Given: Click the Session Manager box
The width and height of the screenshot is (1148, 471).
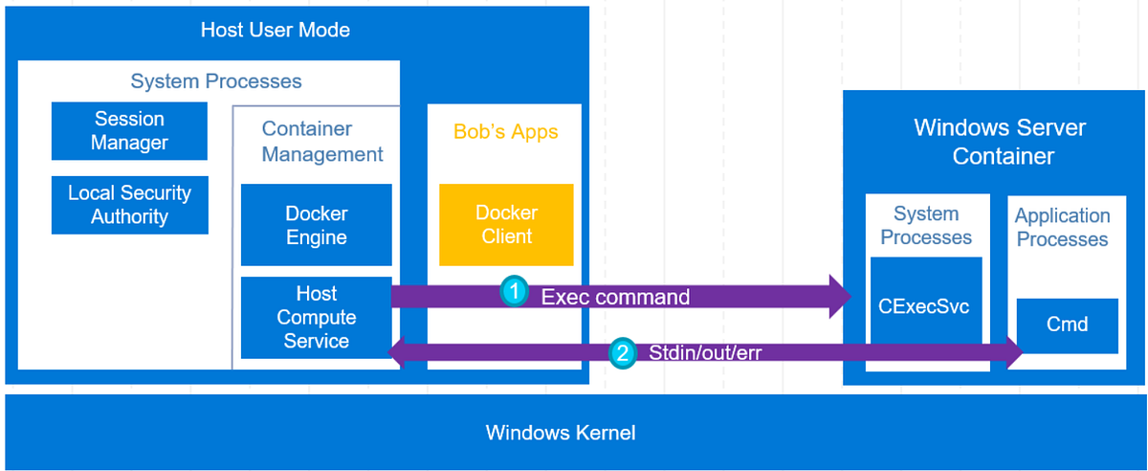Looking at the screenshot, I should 129,131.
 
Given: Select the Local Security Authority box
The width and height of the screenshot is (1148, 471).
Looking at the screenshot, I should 129,205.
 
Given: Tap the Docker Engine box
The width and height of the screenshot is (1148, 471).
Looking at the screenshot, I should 317,225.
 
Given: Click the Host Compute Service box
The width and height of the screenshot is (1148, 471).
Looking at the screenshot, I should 317,318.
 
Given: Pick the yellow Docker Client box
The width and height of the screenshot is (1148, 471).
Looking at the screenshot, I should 506,225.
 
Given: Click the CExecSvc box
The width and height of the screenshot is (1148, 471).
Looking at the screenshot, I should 925,307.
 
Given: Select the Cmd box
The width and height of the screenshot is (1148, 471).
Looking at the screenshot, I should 1067,325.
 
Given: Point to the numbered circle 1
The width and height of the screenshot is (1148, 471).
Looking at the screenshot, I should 515,292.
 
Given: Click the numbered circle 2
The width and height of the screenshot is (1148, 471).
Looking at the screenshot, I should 622,353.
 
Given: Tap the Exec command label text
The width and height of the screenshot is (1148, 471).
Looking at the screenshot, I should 615,297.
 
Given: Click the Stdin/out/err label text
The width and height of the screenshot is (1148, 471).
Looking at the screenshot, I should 704,353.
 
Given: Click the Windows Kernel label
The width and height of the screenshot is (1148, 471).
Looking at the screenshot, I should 561,433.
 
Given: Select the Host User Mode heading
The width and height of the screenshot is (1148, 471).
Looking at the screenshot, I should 276,30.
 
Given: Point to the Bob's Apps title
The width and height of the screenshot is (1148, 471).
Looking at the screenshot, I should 505,131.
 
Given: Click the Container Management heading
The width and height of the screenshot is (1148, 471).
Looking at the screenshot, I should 322,142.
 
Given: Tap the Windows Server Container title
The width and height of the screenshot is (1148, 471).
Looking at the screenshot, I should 1000,142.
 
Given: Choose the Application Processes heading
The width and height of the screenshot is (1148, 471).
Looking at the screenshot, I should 1062,228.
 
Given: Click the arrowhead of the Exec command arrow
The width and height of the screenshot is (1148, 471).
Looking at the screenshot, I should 842,296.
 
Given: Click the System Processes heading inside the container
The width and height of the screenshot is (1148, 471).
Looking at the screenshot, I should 925,226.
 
